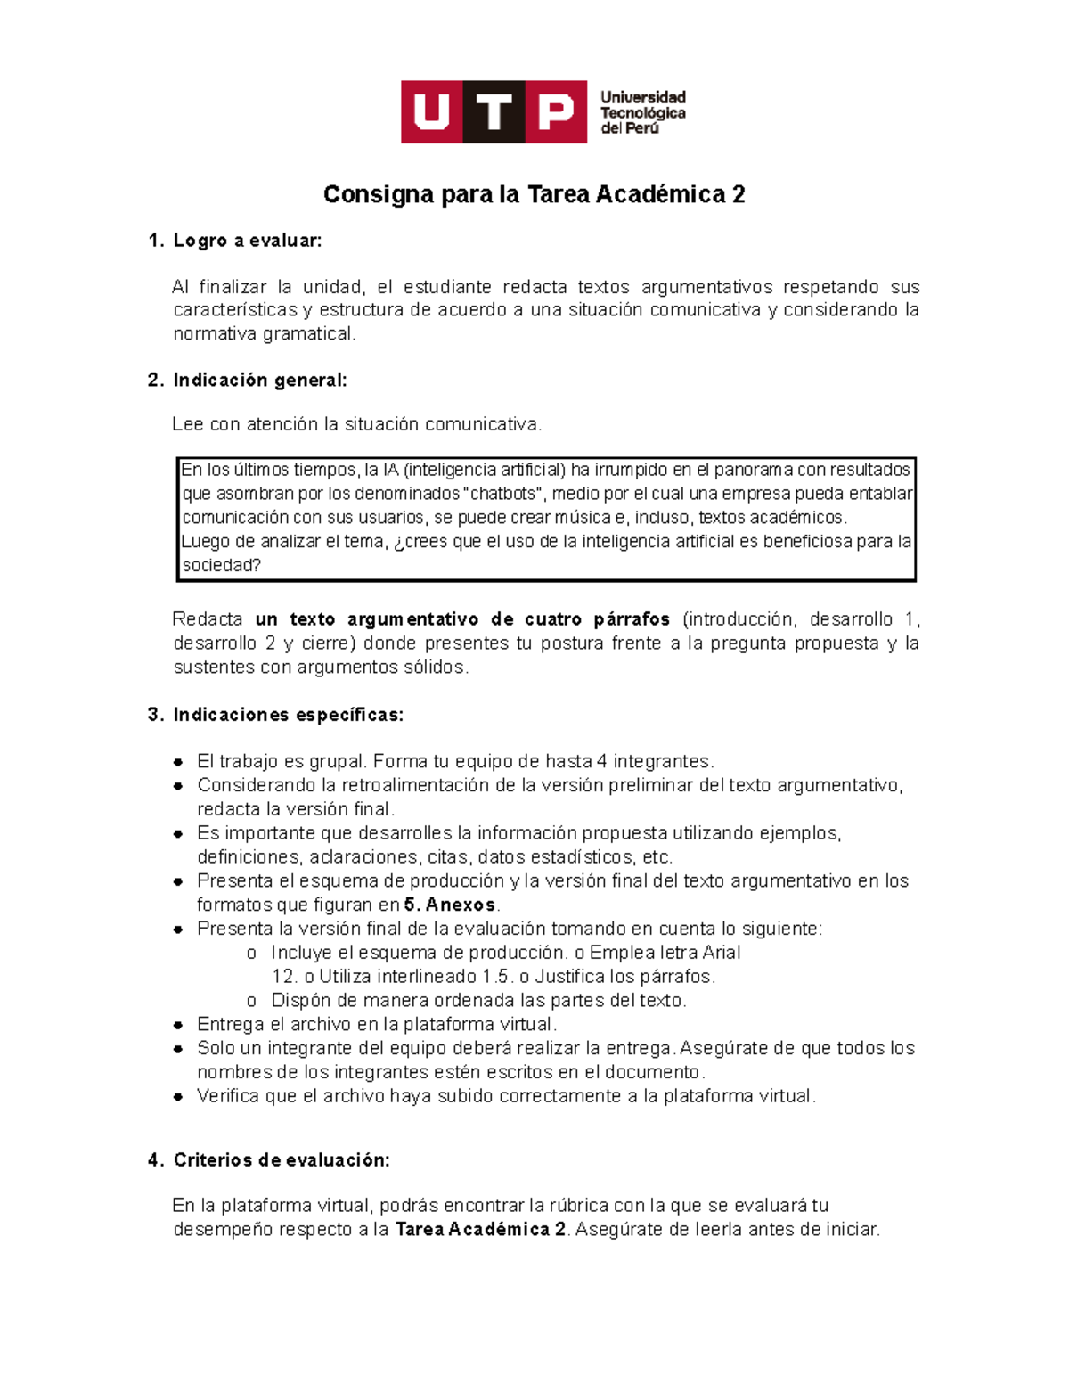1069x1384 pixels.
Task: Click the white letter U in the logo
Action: tap(432, 112)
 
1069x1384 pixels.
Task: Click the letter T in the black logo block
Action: tap(494, 112)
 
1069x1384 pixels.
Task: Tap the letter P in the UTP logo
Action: tap(556, 112)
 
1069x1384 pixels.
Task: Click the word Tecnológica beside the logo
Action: tap(642, 113)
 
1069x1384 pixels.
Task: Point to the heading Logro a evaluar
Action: tap(247, 241)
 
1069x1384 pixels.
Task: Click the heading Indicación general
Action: tap(259, 381)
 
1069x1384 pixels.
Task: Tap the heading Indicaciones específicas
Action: tap(288, 715)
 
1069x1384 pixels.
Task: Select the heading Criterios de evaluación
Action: tap(281, 1160)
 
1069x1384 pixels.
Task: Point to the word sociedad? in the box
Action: tap(221, 566)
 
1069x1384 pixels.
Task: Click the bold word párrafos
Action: tap(632, 619)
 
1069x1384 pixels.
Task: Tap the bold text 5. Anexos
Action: tap(449, 905)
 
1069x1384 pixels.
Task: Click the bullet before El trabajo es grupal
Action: tap(179, 762)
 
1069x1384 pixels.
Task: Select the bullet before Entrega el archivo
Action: tap(179, 1025)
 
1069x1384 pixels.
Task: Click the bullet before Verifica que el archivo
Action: tap(179, 1097)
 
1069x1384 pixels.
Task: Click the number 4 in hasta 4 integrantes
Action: tap(602, 762)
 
